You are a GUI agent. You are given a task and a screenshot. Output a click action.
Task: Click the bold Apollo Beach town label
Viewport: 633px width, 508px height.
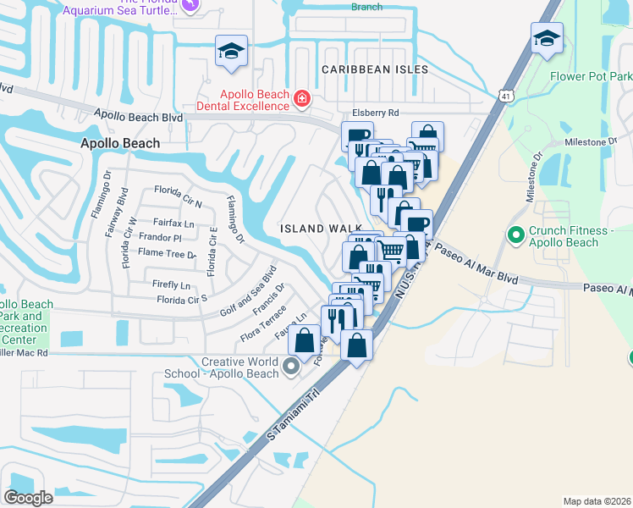click(x=119, y=144)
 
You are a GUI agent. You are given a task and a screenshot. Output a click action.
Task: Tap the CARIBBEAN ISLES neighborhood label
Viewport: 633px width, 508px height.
click(x=374, y=69)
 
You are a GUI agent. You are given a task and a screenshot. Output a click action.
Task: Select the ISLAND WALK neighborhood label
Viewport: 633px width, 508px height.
click(x=322, y=229)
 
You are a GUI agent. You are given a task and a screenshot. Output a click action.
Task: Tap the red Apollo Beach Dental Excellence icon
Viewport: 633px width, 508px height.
click(x=300, y=101)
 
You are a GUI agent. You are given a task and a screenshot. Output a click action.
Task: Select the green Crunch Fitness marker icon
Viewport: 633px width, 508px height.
click(x=514, y=235)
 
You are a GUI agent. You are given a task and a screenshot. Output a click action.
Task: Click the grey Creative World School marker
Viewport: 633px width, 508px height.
click(x=292, y=367)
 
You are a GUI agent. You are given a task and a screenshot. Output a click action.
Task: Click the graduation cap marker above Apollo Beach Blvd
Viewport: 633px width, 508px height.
click(x=231, y=50)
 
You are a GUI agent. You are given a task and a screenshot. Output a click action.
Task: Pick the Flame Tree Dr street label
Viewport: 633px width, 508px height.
click(x=167, y=252)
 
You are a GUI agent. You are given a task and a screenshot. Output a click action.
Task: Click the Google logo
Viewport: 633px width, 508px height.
click(x=28, y=497)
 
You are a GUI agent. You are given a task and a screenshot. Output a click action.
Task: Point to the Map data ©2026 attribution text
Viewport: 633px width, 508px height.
click(x=597, y=501)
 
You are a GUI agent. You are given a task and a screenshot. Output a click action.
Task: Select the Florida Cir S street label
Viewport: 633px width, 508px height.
click(x=182, y=300)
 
